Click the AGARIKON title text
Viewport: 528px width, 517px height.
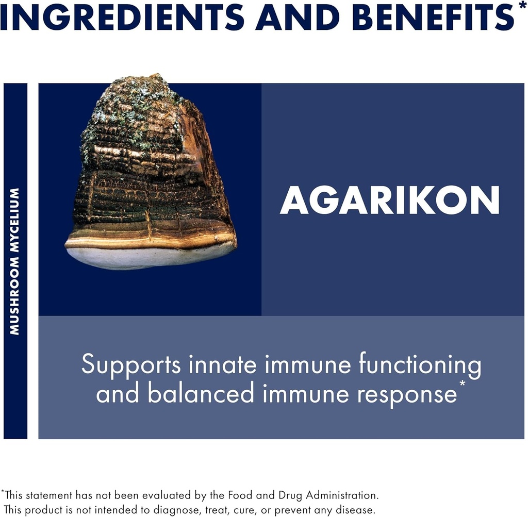pyautogui.click(x=389, y=200)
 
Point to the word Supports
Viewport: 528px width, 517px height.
pyautogui.click(x=131, y=365)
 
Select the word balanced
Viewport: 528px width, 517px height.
pyautogui.click(x=201, y=394)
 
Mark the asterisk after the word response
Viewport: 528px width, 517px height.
pyautogui.click(x=462, y=385)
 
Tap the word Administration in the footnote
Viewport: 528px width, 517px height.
pyautogui.click(x=342, y=495)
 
